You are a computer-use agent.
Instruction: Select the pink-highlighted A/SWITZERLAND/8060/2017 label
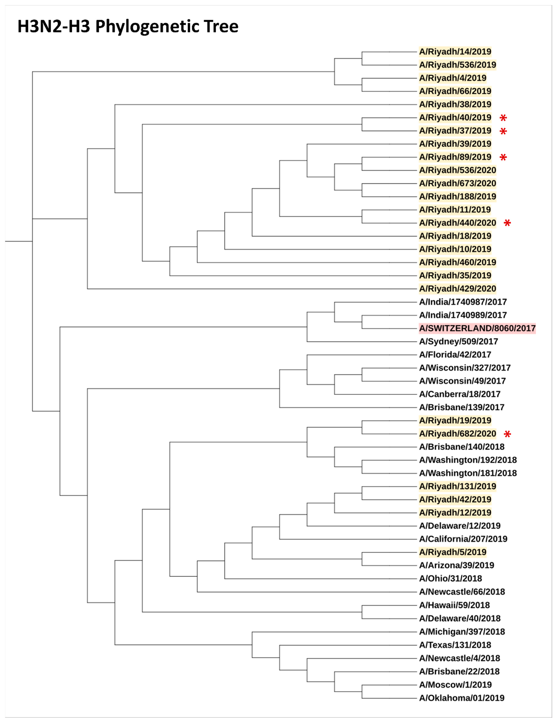[477, 328]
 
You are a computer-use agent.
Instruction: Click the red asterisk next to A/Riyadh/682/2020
[507, 434]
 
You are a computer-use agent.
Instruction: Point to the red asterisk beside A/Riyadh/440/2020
[507, 223]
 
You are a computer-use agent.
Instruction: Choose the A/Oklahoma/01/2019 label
[461, 698]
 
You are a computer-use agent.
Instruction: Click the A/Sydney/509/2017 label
[458, 341]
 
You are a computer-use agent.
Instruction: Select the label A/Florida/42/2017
[455, 355]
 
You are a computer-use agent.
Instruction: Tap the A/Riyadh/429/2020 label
[457, 289]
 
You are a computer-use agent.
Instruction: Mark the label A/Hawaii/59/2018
[454, 605]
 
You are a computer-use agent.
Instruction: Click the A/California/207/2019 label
[463, 539]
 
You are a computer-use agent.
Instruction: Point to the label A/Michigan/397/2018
[462, 632]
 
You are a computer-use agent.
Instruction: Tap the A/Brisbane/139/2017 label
[461, 407]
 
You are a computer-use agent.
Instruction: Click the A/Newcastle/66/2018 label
[462, 592]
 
